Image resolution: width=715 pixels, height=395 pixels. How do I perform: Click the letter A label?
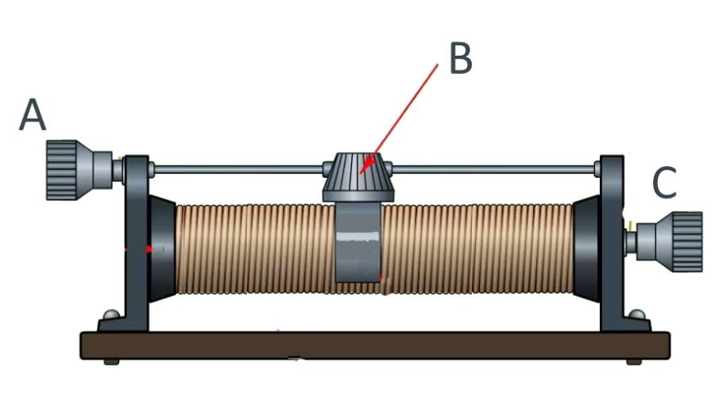point(33,116)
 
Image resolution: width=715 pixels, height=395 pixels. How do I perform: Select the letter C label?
point(664,184)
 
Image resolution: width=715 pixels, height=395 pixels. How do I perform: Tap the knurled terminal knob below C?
point(677,239)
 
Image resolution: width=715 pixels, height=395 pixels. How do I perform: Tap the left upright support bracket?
point(135,238)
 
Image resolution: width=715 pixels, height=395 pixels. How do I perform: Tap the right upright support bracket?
point(613,238)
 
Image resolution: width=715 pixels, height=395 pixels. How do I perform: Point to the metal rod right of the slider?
point(493,168)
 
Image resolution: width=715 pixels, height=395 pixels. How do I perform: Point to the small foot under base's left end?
point(110,362)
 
